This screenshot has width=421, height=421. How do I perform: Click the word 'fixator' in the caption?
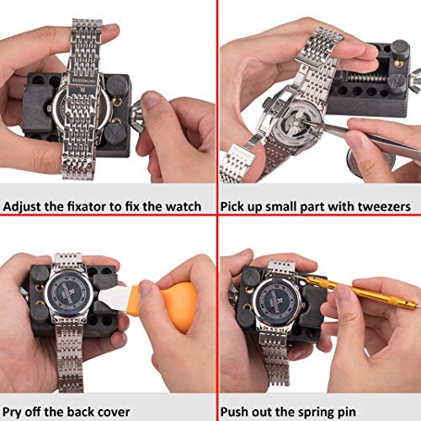pos(87,206)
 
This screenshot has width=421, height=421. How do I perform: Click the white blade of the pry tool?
pos(113,297)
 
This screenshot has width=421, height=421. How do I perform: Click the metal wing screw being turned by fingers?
pos(136,117)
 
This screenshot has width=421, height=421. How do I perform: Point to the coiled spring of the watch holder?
pos(365,77)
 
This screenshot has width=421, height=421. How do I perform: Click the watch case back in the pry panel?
pos(69,291)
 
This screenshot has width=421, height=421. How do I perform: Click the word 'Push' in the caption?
pos(234,412)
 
